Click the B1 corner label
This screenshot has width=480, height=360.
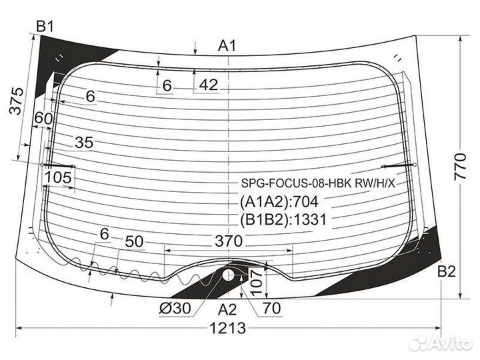click(x=45, y=26)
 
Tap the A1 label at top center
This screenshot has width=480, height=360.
click(x=228, y=45)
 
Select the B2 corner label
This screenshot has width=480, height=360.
click(x=446, y=271)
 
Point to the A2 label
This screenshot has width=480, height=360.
click(x=228, y=308)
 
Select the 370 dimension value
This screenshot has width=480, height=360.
click(x=229, y=242)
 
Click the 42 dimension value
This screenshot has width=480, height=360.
click(x=209, y=85)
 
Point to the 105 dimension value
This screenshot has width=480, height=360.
click(x=59, y=177)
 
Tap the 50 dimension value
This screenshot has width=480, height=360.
click(x=135, y=242)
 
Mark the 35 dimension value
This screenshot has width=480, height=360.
click(x=84, y=142)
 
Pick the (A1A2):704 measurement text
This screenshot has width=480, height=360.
click(x=281, y=203)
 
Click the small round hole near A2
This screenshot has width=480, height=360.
click(x=229, y=275)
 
